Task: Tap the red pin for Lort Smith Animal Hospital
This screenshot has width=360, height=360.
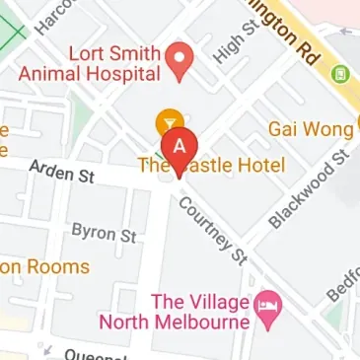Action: click(180, 59)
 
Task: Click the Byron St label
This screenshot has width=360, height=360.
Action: click(104, 234)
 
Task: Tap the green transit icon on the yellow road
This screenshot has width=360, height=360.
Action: click(341, 74)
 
